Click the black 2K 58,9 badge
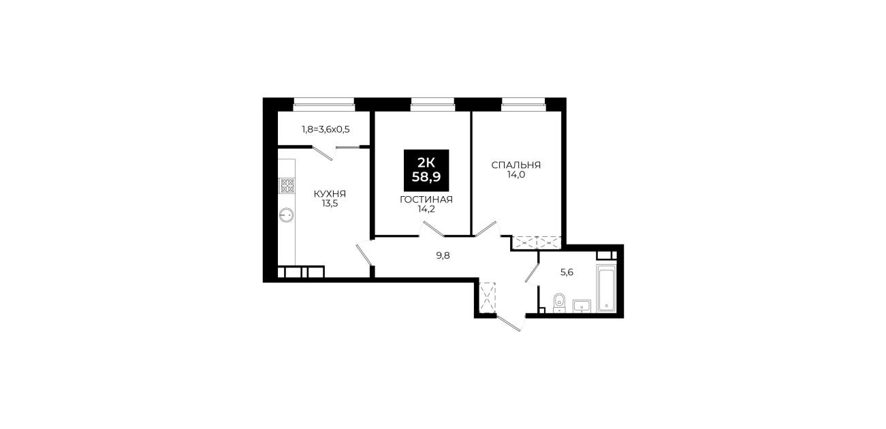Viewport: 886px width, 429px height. tap(426, 170)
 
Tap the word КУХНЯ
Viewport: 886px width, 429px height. tap(330, 194)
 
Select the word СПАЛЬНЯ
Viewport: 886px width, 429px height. tap(516, 165)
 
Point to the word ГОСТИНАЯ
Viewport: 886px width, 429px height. tap(426, 200)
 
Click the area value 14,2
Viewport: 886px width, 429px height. tap(426, 210)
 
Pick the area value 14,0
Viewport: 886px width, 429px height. tap(516, 175)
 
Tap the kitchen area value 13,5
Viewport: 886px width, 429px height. tap(330, 204)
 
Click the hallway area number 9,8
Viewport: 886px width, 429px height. tap(443, 255)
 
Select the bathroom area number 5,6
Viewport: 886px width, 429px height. tap(567, 272)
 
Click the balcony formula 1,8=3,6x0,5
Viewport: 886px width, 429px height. tap(326, 129)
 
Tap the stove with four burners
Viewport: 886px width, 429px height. tap(287, 186)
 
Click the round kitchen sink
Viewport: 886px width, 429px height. tap(287, 215)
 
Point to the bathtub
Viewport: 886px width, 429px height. tap(606, 288)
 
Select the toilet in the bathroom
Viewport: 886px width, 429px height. tap(559, 303)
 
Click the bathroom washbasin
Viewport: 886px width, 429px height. tap(582, 306)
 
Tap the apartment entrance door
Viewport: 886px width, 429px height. tap(509, 323)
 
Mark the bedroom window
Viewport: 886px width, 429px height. tap(524, 105)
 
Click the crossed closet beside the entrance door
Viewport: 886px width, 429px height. tap(488, 298)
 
